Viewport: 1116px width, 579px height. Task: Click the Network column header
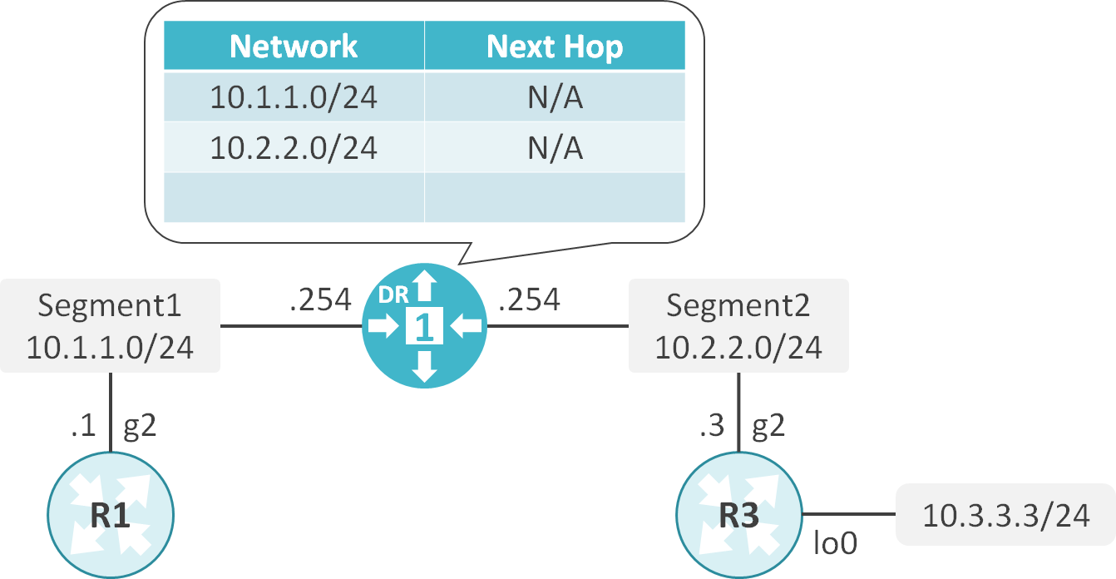coord(294,47)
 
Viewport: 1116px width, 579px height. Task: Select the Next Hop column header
coord(555,47)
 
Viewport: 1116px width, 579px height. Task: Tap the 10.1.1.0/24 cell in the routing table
coord(294,98)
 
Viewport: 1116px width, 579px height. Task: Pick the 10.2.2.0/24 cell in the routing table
coord(294,148)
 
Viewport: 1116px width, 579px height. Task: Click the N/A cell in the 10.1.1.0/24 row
coord(555,98)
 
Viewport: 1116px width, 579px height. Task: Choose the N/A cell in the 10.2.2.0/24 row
coord(555,148)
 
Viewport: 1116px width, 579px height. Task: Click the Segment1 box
coord(110,325)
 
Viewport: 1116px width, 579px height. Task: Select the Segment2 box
coord(738,325)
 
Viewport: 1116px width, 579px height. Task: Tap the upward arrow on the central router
coord(425,286)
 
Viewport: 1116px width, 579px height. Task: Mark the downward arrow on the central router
coord(425,367)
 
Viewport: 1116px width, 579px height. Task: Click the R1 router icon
coord(111,516)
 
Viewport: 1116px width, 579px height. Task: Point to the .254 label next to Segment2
coord(529,299)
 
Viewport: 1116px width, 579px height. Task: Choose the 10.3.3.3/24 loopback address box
coord(1005,515)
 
